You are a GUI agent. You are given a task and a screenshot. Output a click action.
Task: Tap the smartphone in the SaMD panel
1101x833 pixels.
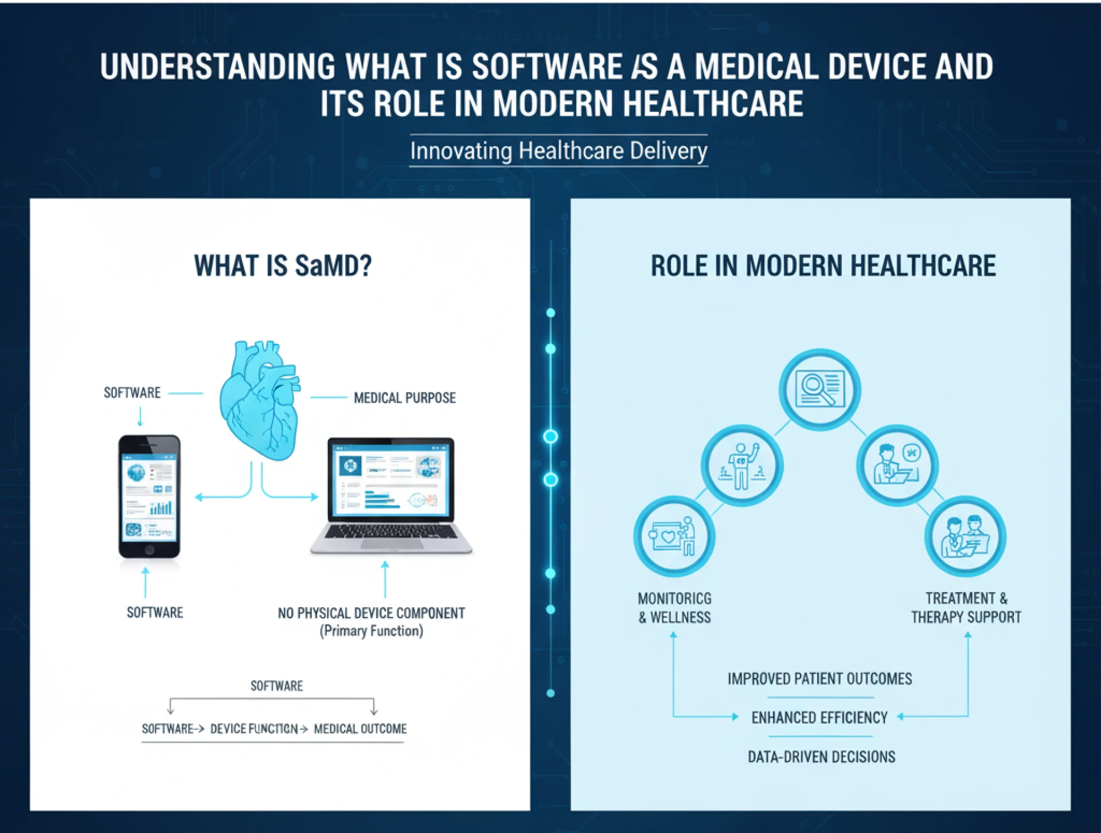(x=149, y=496)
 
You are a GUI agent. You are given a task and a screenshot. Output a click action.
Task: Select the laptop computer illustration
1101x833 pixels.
(x=391, y=496)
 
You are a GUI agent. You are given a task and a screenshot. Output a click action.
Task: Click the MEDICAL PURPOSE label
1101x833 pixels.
(x=404, y=398)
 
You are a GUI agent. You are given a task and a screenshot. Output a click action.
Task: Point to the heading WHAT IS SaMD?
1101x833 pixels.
(x=283, y=266)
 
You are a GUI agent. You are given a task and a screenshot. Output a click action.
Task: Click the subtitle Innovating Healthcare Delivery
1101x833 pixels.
(x=559, y=151)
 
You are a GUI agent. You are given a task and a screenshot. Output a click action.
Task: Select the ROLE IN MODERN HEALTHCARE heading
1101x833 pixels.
(x=823, y=266)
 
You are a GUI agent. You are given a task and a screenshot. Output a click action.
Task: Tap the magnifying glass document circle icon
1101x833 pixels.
(x=819, y=389)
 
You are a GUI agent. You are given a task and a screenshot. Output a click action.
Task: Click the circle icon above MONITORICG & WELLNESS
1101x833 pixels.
(x=674, y=536)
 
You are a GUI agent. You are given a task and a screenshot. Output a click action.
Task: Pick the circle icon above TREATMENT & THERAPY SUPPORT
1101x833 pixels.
(x=965, y=536)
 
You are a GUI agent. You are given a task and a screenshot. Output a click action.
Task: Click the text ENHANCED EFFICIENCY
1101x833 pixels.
(x=819, y=718)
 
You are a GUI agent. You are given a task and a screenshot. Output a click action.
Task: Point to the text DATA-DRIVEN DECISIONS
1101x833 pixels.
(x=821, y=757)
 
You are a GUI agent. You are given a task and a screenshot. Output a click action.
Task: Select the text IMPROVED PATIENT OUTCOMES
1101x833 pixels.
(x=819, y=679)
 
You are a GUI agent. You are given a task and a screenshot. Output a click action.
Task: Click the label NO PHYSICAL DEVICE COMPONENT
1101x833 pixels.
(x=371, y=613)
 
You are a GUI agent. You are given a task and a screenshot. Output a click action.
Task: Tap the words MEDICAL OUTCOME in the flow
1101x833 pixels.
(x=360, y=729)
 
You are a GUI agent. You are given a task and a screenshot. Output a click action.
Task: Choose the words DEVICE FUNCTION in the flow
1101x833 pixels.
(x=254, y=729)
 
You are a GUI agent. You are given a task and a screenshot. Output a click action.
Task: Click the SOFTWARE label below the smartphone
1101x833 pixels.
(x=155, y=613)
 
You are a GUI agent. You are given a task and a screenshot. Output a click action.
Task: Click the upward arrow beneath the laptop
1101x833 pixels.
(x=385, y=579)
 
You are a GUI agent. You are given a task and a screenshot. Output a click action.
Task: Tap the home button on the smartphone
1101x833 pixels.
(x=149, y=549)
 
